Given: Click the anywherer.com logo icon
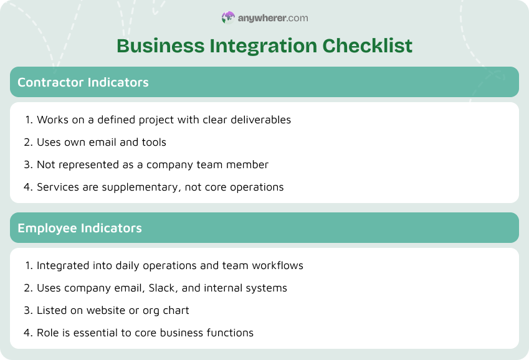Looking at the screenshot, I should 228,18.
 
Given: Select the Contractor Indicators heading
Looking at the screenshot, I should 83,82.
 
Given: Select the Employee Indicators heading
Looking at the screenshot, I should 80,228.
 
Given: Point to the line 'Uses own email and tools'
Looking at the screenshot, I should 102,142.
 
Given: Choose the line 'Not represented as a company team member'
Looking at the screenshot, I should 153,164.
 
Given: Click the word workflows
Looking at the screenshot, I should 277,265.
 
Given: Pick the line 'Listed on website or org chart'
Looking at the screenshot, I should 113,310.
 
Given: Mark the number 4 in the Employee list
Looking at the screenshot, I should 28,333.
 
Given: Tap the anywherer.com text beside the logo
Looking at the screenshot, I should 273,18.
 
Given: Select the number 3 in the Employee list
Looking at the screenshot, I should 28,310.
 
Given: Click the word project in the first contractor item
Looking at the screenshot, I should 150,120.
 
